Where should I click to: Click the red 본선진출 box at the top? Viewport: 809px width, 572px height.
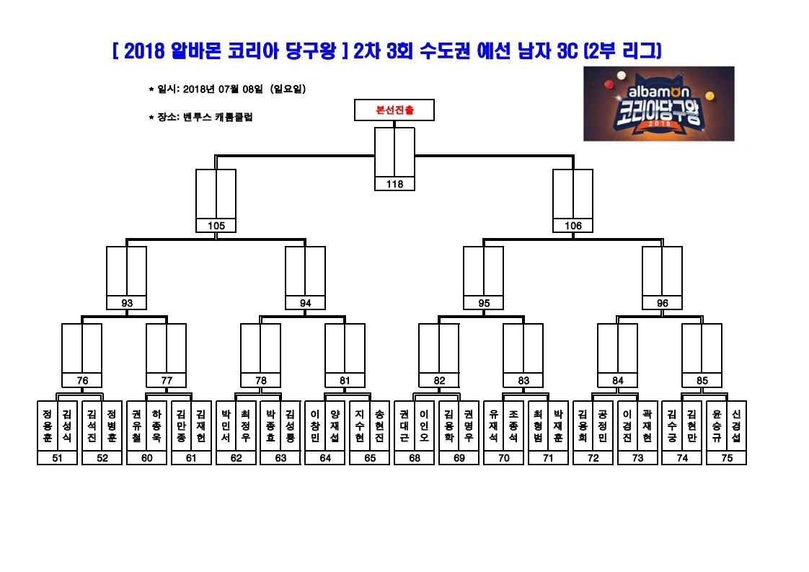coord(394,110)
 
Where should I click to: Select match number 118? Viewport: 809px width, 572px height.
coord(394,184)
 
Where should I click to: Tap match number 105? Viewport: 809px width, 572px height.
coord(216,226)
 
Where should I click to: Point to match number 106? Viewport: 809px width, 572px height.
coord(573,226)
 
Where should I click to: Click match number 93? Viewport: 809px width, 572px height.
coord(126,303)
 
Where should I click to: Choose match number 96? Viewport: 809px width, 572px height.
coord(663,303)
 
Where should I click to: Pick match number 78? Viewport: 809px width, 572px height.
coord(260,380)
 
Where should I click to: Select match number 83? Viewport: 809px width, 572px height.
coord(523,380)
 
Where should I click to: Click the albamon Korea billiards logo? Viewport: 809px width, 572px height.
coord(659,103)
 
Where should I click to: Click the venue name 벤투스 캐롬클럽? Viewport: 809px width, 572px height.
coord(218,117)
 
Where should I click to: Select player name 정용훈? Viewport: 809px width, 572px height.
coord(48,426)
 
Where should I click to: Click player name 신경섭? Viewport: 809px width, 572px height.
coord(736,426)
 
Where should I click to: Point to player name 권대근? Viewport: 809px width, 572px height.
coord(404,426)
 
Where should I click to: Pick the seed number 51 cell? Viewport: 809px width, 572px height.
coord(57,458)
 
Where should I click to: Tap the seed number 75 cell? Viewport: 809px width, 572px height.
coord(727,458)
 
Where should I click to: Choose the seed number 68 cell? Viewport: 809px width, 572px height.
coord(415,458)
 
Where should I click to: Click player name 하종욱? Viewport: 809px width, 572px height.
coord(157,426)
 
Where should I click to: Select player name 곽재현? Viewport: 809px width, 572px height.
coord(647,426)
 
